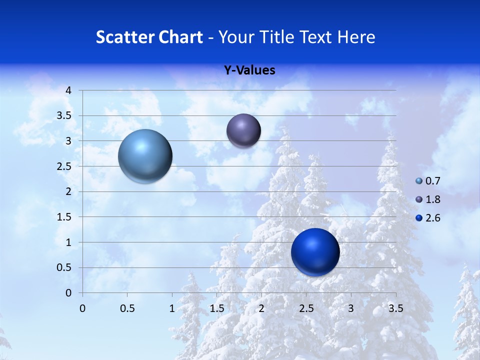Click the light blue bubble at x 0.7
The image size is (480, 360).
click(x=145, y=156)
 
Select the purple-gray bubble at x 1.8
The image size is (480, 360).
click(x=243, y=130)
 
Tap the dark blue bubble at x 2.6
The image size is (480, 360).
click(x=315, y=252)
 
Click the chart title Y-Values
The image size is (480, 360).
click(x=249, y=70)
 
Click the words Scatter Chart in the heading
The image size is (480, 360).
click(x=149, y=37)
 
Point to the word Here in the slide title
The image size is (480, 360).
click(x=355, y=37)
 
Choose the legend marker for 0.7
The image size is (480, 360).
click(x=419, y=181)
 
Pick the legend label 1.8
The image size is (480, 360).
click(x=433, y=199)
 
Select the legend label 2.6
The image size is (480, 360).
click(x=433, y=218)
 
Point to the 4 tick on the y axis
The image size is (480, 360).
click(x=69, y=90)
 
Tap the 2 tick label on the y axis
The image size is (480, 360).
click(x=69, y=191)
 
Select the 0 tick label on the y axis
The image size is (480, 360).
click(x=69, y=293)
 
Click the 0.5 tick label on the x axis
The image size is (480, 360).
click(x=127, y=308)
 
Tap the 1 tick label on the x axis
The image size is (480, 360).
click(x=172, y=308)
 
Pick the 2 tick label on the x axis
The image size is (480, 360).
click(x=261, y=308)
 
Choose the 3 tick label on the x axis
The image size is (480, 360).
click(x=351, y=308)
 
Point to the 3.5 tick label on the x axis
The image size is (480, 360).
click(x=395, y=308)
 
